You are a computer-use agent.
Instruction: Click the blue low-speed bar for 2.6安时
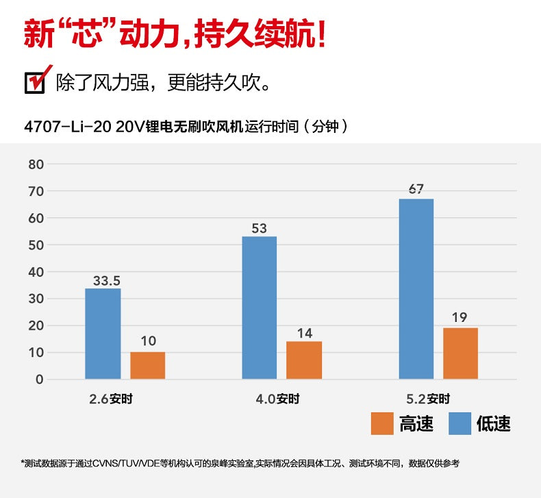(103, 334)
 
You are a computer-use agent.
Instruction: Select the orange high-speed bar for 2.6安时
(147, 365)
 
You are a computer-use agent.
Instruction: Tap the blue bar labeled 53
(259, 308)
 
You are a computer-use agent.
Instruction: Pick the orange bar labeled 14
(304, 360)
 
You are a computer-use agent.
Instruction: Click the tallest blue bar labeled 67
(416, 288)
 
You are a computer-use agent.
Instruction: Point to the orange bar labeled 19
(460, 353)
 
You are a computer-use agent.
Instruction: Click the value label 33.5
(106, 281)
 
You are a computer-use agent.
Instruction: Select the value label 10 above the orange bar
(147, 341)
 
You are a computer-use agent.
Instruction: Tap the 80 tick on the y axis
(36, 164)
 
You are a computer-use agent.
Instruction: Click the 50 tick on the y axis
(36, 245)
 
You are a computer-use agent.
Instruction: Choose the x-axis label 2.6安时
(111, 399)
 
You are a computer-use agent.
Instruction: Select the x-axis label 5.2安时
(429, 399)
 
